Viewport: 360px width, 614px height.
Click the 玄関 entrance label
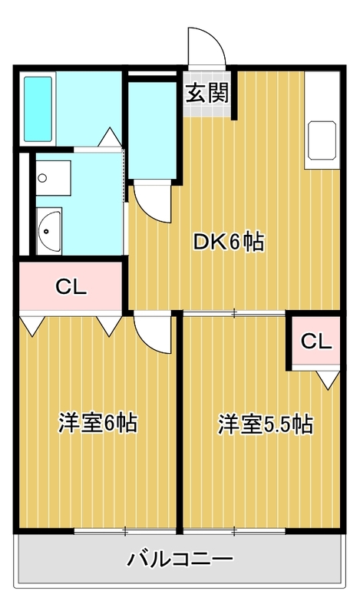click(206, 93)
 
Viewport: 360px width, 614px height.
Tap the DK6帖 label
click(229, 243)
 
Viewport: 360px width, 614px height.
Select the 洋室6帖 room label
click(98, 423)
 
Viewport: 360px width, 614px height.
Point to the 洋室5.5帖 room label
click(266, 424)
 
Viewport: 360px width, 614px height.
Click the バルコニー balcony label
click(180, 559)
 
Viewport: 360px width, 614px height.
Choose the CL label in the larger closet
click(71, 287)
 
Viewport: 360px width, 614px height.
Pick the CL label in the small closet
click(316, 342)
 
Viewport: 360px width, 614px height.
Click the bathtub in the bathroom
click(38, 108)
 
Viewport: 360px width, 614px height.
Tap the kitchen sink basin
click(322, 140)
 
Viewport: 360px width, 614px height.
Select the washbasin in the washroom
click(48, 231)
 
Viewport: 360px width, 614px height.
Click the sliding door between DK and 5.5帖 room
click(234, 313)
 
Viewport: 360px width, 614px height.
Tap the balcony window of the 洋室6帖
click(125, 531)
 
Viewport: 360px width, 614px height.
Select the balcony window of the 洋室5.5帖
click(234, 531)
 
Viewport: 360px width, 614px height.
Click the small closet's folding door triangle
click(329, 380)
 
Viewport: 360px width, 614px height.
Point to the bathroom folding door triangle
click(109, 137)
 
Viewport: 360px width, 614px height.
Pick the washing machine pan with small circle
click(53, 178)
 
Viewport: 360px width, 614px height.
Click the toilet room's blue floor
click(153, 130)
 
